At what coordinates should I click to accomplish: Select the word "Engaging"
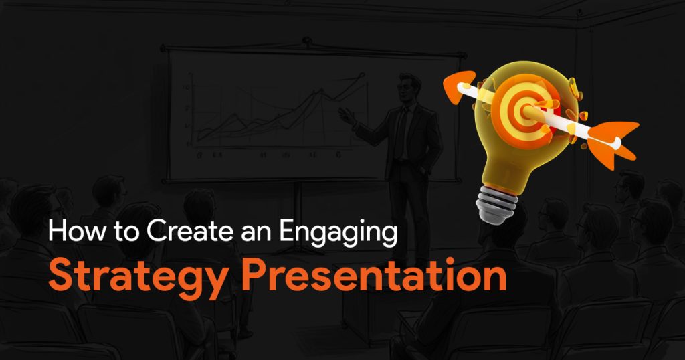338,233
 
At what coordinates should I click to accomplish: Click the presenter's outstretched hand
347,116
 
